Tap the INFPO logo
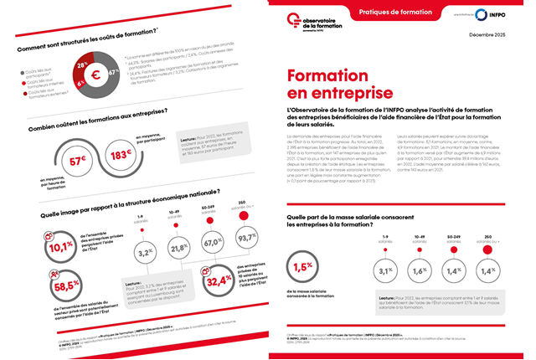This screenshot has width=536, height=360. (x=497, y=15)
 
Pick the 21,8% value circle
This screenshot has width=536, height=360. (x=177, y=249)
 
